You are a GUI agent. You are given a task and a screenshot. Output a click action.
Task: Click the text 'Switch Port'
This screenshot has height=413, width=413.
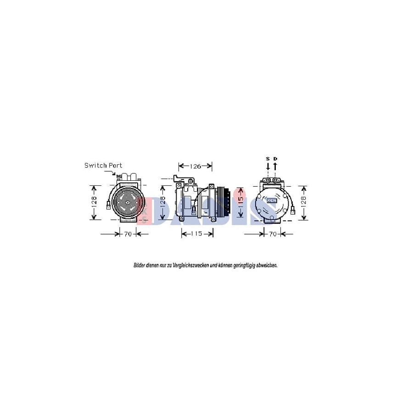click(103, 165)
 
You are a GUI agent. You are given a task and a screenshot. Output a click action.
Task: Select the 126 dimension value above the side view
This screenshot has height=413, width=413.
click(195, 166)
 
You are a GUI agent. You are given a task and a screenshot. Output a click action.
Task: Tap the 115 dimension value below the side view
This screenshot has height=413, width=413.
click(197, 234)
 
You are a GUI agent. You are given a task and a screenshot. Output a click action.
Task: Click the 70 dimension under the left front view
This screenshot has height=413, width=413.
click(128, 234)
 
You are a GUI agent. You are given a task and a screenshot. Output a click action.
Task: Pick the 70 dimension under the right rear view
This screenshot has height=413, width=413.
click(273, 234)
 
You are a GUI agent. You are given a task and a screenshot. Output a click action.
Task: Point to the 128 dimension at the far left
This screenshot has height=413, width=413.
click(94, 202)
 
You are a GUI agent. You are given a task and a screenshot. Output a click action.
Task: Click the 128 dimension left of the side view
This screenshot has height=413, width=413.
click(162, 202)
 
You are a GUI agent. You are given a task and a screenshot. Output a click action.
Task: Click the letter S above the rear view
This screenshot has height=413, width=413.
click(268, 159)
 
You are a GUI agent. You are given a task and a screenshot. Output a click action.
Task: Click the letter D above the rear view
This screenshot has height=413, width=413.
click(275, 159)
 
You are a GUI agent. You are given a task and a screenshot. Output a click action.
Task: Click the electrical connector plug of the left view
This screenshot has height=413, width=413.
click(108, 206)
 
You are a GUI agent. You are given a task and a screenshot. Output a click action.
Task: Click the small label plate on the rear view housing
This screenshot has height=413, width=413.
click(272, 201)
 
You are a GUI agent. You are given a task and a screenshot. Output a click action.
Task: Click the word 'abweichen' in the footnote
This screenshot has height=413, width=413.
click(266, 265)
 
